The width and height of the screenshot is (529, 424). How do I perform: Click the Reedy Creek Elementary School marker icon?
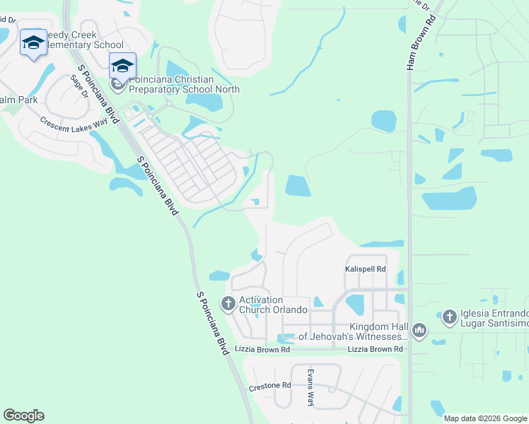point(33,44)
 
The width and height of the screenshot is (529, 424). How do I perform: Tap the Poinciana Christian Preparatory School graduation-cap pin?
point(122,66)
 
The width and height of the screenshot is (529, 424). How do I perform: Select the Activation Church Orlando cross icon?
point(228,304)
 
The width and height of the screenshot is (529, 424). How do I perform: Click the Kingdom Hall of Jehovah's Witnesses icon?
point(419,330)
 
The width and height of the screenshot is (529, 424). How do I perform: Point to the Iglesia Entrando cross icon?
point(449,318)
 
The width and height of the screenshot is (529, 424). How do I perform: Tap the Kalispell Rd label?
point(366,269)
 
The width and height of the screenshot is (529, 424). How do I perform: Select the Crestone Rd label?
point(270,387)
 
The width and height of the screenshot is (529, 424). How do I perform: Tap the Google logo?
point(23,416)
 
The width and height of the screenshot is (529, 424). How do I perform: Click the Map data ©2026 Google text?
point(485,418)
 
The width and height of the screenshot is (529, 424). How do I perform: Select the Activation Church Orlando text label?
point(273,305)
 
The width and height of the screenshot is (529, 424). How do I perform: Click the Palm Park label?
point(18,100)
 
